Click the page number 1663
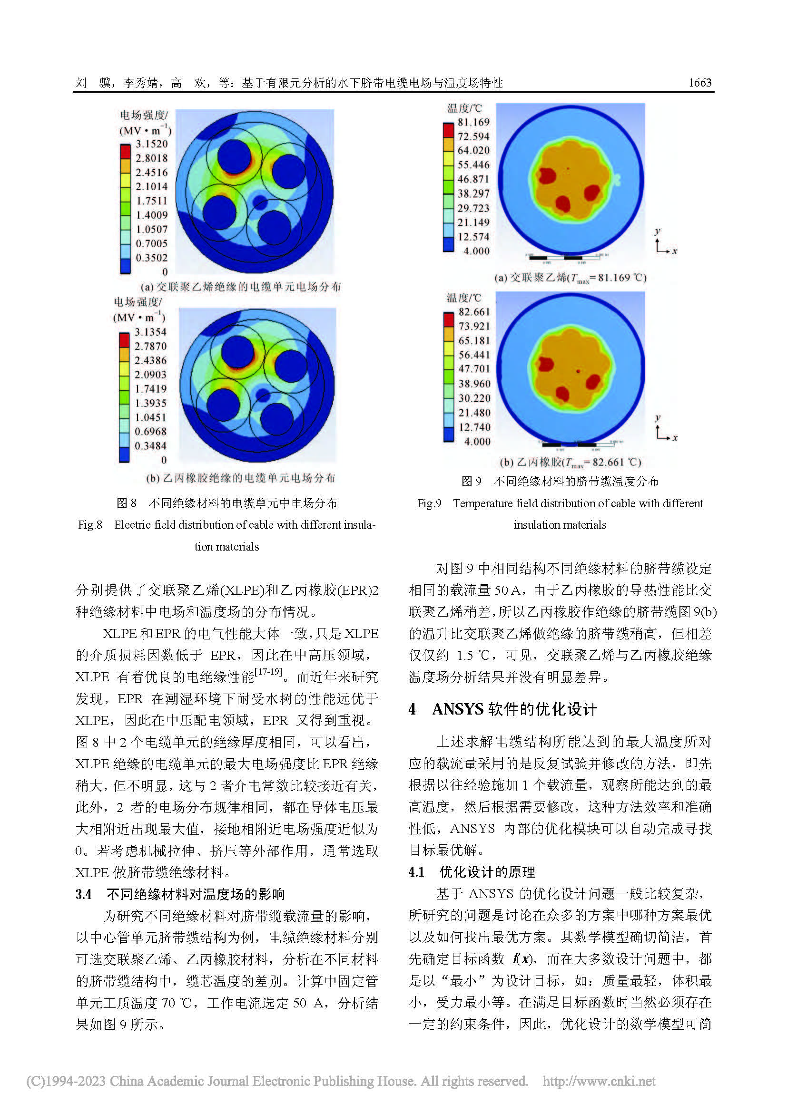click(700, 83)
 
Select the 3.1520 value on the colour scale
click(152, 144)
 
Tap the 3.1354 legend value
click(150, 332)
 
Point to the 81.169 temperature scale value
click(473, 122)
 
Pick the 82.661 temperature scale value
click(474, 312)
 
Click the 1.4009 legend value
click(152, 215)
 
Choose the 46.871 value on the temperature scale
click(473, 179)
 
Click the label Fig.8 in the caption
click(90, 525)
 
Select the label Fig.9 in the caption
click(429, 503)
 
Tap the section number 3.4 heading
click(83, 894)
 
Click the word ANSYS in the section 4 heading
click(458, 709)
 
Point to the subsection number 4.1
click(417, 872)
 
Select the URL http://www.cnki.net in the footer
click(599, 1081)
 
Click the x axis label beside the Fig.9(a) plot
click(675, 251)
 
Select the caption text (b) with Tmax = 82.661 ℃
click(571, 463)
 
